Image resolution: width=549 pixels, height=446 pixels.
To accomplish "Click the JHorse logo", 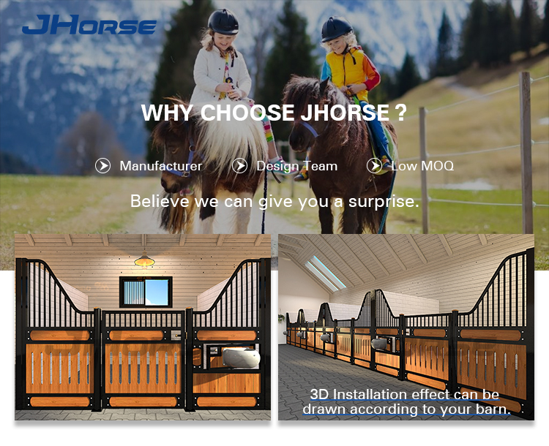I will pyautogui.click(x=89, y=26).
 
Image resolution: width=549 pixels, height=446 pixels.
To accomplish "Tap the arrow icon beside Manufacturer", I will pyautogui.click(x=102, y=166).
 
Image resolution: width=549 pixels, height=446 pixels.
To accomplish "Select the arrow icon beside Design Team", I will pyautogui.click(x=239, y=166).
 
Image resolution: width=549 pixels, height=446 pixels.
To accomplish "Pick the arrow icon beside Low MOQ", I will pyautogui.click(x=375, y=166).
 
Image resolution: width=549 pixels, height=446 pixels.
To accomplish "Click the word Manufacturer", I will pyautogui.click(x=161, y=166).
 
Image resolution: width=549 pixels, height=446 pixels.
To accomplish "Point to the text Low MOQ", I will pyautogui.click(x=422, y=166).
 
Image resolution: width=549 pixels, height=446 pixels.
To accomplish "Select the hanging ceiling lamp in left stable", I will pyautogui.click(x=144, y=260).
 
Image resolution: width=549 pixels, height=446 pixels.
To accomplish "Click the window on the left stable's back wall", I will pyautogui.click(x=146, y=291).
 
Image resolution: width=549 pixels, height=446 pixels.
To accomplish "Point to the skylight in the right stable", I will pyautogui.click(x=325, y=273).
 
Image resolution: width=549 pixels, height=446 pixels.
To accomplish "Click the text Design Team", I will pyautogui.click(x=296, y=166).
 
